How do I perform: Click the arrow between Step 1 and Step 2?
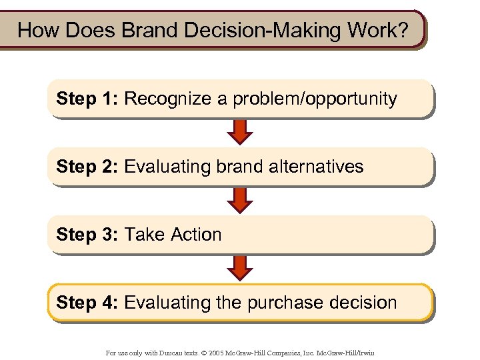240,132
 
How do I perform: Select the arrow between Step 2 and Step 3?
240,200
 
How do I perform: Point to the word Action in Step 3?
196,235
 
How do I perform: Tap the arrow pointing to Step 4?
240,268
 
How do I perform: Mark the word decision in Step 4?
366,303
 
